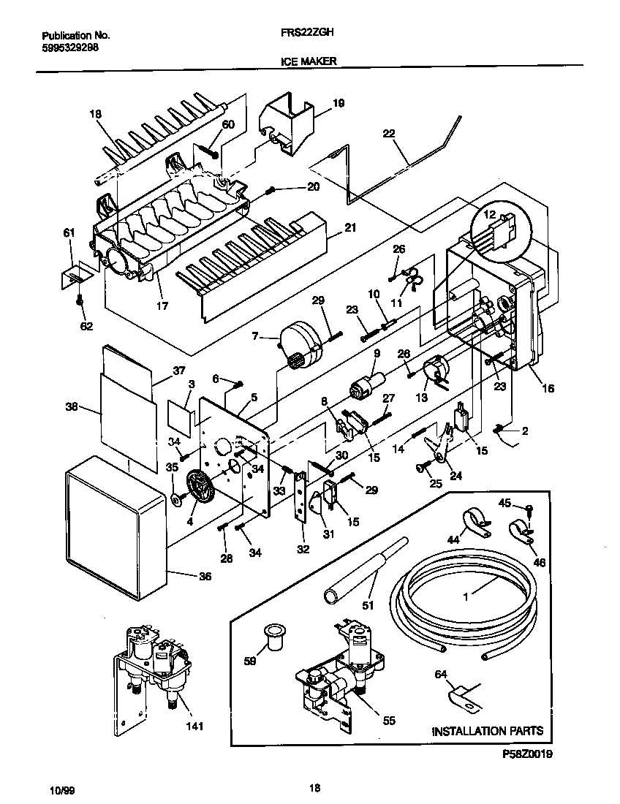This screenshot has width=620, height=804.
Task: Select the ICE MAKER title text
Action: click(309, 62)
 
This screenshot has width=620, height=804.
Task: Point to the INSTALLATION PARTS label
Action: click(488, 730)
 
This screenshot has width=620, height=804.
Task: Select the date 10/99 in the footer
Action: click(61, 789)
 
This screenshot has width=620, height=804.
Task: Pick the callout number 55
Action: click(388, 721)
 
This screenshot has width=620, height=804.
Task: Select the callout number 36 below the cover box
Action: click(205, 577)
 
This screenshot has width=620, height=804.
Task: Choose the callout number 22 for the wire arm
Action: click(388, 133)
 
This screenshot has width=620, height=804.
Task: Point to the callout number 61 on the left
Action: click(69, 232)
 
